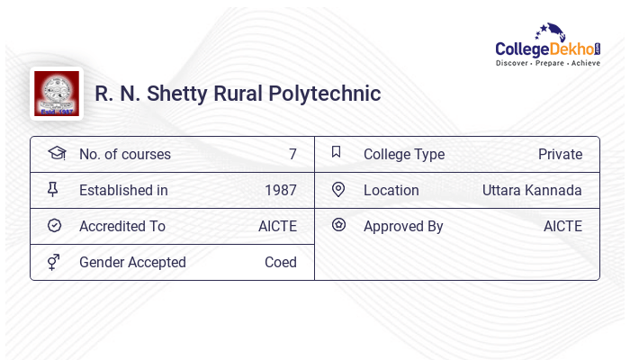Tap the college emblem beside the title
coord(56,94)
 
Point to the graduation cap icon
coord(56,153)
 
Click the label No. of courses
coord(124,154)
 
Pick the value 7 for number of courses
coord(292,154)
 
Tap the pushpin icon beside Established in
coord(53,189)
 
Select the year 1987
coord(280,190)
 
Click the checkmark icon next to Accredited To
coord(54,225)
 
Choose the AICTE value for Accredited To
coord(277,226)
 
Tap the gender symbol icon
coord(54,261)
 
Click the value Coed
coord(280,262)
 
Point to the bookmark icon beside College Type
coord(337,153)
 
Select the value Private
coord(560,154)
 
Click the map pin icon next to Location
coord(338,189)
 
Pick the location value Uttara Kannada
coord(532,190)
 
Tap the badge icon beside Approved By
coord(338,225)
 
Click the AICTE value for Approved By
coord(562,226)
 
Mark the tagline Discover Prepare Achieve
coord(547,64)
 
